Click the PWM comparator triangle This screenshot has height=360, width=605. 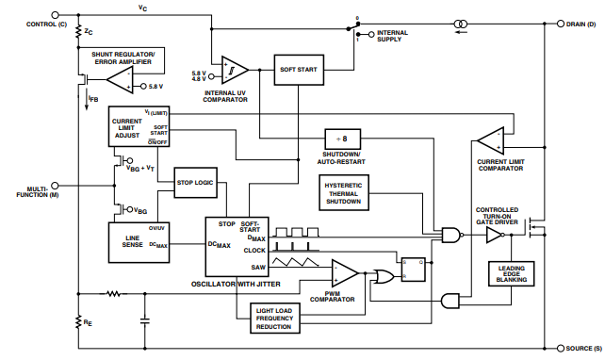pyautogui.click(x=346, y=274)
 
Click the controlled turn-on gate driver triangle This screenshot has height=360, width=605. pyautogui.click(x=496, y=236)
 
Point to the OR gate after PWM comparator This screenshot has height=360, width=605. pyautogui.click(x=384, y=276)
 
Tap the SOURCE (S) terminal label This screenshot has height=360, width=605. pyautogui.click(x=578, y=348)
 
